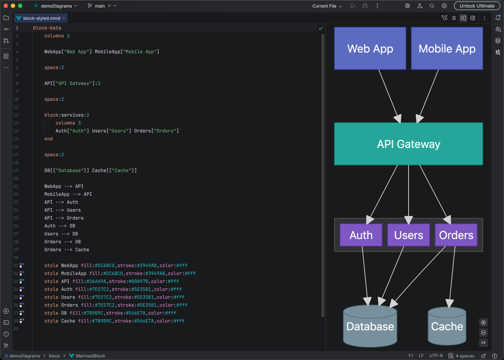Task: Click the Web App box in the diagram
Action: tap(370, 49)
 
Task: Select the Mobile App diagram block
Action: tap(447, 49)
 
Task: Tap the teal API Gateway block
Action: tap(408, 144)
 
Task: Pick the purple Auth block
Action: tap(361, 235)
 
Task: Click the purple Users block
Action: tap(408, 235)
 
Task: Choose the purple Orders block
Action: tap(456, 235)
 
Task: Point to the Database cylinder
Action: tap(370, 327)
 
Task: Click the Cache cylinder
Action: tap(447, 327)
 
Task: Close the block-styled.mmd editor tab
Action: tap(64, 18)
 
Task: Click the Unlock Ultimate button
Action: tap(477, 6)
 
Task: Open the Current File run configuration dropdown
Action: tap(327, 6)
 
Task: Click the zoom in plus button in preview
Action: tap(483, 323)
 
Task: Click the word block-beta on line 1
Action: tap(47, 28)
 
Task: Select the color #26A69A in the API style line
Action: tap(96, 282)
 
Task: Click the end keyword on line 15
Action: tap(49, 139)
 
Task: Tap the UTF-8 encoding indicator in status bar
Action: tap(436, 356)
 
